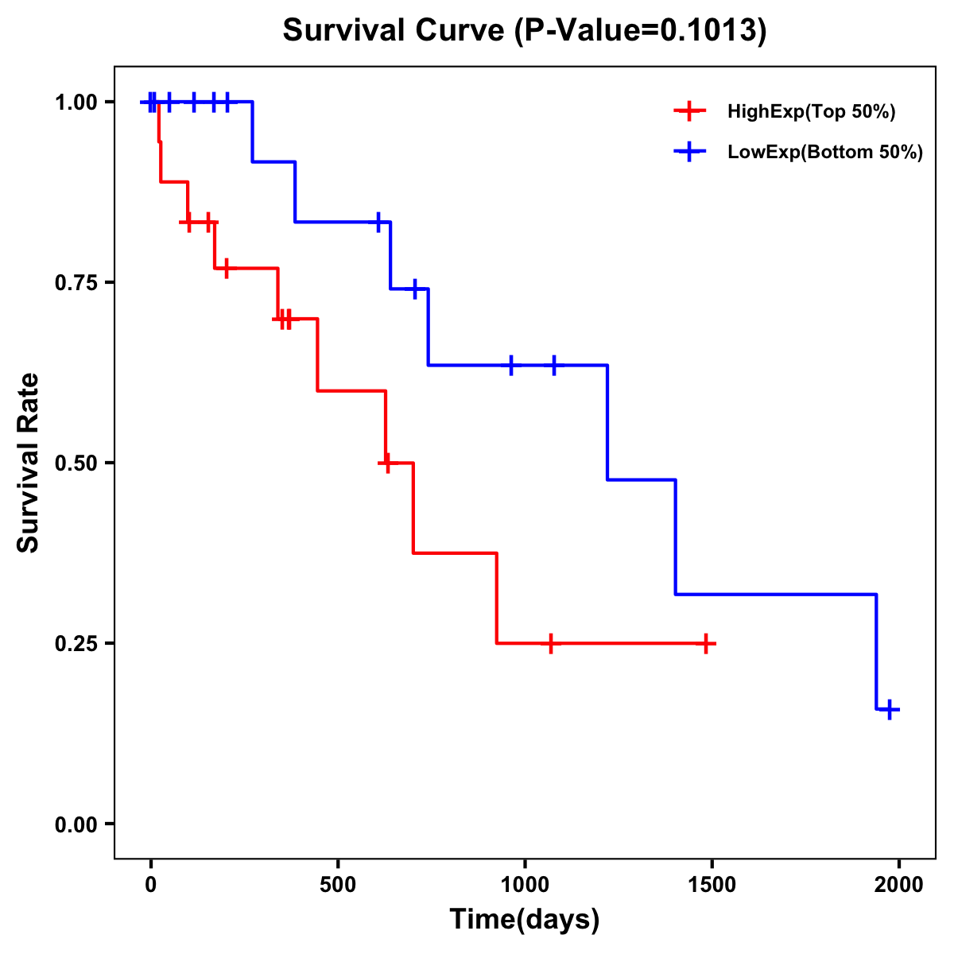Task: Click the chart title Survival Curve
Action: [x=525, y=31]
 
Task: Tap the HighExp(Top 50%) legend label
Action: [x=811, y=112]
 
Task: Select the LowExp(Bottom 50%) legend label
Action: [x=825, y=153]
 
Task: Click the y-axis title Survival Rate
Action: [x=29, y=462]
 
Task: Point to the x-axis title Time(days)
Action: [x=525, y=919]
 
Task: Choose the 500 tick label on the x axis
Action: [x=338, y=885]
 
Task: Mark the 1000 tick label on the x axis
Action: [x=525, y=885]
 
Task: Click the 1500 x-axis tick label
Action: [x=712, y=885]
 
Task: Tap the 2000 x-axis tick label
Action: [x=899, y=885]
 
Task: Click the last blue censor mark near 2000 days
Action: [x=890, y=709]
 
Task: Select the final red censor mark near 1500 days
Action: [x=705, y=643]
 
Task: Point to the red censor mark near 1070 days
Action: [x=550, y=643]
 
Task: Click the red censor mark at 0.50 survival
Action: [x=386, y=463]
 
